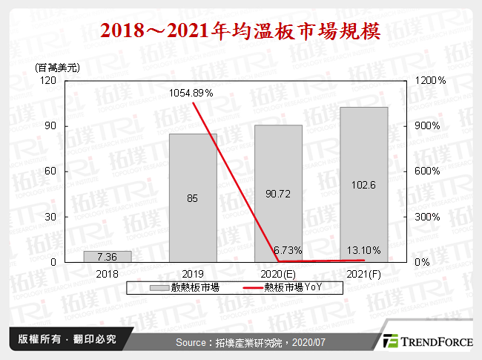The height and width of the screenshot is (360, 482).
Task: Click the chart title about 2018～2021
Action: (241, 32)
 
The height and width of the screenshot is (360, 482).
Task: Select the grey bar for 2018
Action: (107, 257)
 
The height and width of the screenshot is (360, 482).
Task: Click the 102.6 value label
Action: (364, 185)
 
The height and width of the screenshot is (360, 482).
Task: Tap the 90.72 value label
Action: (279, 194)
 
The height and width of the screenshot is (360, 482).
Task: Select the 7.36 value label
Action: (107, 256)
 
